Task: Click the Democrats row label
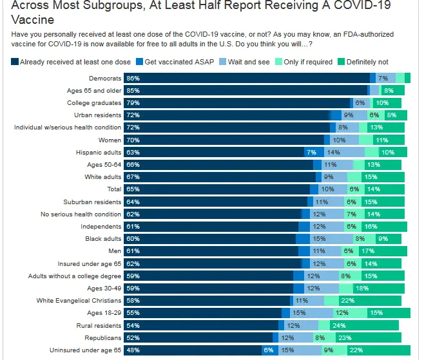coord(106,78)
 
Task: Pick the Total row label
coord(113,189)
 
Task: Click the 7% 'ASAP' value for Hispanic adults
coord(311,153)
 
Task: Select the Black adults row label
coord(103,239)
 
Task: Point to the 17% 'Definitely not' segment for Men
coord(385,251)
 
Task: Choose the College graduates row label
coord(94,103)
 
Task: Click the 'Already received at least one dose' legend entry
coord(75,62)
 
